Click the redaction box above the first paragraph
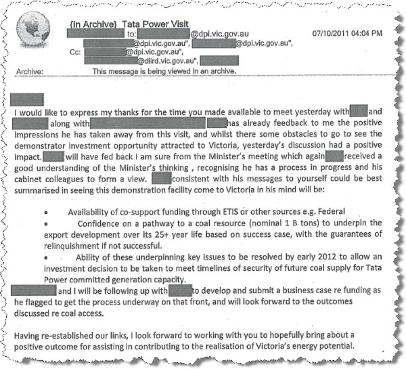[28, 100]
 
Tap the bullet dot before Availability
[46, 214]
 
